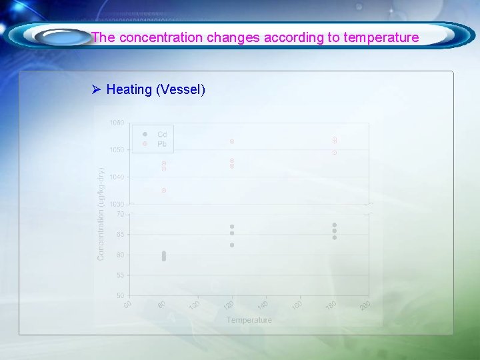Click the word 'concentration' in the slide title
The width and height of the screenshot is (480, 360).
coord(160,37)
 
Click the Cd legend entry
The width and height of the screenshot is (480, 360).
coord(161,135)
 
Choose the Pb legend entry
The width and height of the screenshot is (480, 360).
coord(161,144)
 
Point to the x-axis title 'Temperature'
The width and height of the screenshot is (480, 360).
coord(249,320)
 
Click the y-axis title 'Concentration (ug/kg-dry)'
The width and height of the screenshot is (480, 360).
coord(101,214)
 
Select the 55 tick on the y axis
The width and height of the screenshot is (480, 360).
coord(120,275)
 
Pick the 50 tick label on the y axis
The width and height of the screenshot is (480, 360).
coord(120,295)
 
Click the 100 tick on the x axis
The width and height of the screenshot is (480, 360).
coord(194,305)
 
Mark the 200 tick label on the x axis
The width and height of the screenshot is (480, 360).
coord(365,305)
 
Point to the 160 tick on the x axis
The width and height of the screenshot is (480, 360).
coord(297,305)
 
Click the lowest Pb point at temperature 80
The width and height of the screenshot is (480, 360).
coord(163,191)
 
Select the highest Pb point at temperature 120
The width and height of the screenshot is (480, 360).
coord(232,141)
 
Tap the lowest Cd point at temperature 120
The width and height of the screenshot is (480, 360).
coord(232,245)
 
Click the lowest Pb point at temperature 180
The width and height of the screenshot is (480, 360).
coord(335,153)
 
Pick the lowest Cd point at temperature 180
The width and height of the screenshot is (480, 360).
coord(335,237)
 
